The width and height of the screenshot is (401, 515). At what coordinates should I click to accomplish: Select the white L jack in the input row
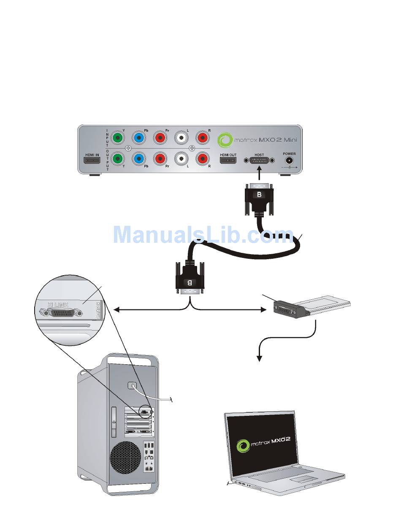tap(182, 138)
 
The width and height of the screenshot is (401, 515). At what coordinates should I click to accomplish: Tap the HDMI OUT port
tap(228, 161)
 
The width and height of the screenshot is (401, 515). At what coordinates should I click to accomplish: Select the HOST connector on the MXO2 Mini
tap(259, 161)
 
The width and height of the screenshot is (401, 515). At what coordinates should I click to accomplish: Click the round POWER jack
tap(290, 160)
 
